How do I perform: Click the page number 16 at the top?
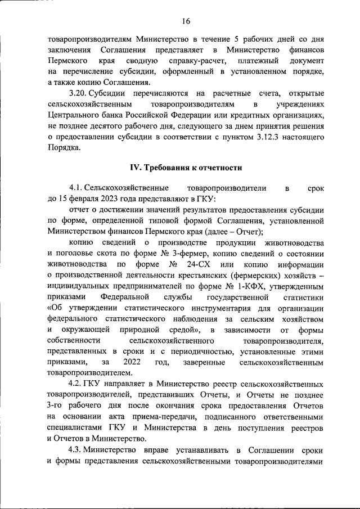coord(186,21)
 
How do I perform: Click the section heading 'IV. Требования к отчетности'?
coord(186,168)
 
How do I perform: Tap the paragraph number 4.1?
coord(76,187)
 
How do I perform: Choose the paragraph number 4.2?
coord(76,384)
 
